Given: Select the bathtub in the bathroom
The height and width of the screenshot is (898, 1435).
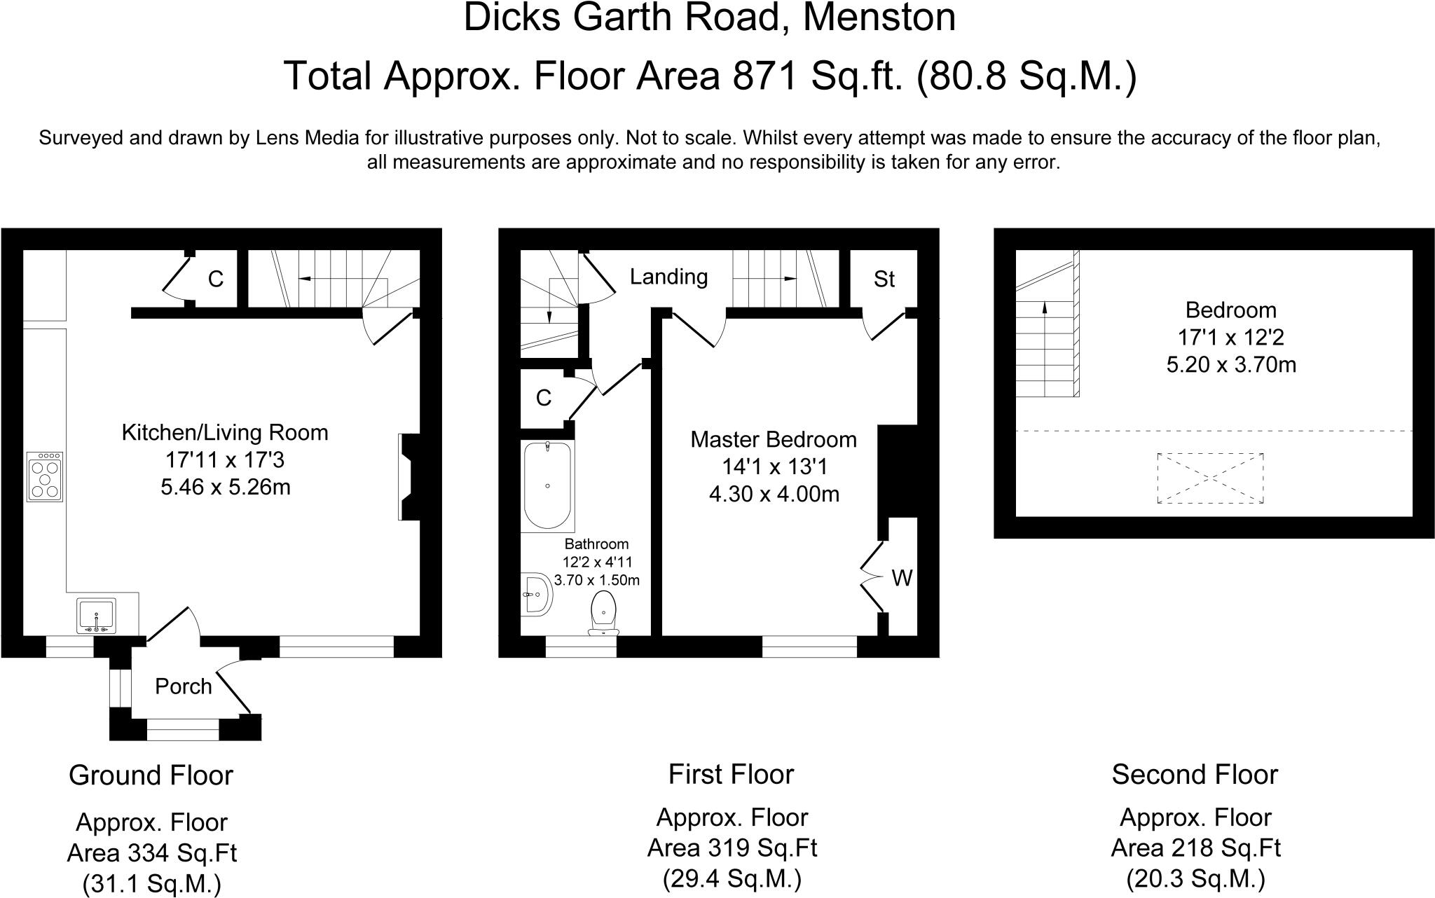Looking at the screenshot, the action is pyautogui.click(x=547, y=485).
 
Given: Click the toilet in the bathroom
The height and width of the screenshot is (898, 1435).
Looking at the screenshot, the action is pyautogui.click(x=603, y=614).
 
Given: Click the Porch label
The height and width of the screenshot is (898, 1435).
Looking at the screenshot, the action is pyautogui.click(x=183, y=686).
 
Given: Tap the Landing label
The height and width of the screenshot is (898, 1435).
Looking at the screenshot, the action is pyautogui.click(x=668, y=277).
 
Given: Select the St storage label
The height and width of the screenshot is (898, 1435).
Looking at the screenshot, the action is pyautogui.click(x=884, y=279).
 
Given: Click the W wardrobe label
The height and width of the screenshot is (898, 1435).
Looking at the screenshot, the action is pyautogui.click(x=902, y=579).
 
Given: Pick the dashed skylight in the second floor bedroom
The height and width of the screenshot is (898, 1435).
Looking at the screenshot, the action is pyautogui.click(x=1210, y=478).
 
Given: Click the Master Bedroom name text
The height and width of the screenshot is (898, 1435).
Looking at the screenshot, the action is pyautogui.click(x=774, y=440).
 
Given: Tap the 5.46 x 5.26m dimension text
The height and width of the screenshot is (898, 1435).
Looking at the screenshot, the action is pyautogui.click(x=226, y=487).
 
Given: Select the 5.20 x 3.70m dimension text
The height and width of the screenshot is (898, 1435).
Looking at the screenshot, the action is pyautogui.click(x=1231, y=365).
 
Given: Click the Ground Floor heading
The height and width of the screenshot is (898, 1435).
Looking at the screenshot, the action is pyautogui.click(x=151, y=775).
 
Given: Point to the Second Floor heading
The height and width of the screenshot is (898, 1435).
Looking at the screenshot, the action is pyautogui.click(x=1195, y=775).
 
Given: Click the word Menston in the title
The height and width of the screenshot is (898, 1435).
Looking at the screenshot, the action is pyautogui.click(x=879, y=18).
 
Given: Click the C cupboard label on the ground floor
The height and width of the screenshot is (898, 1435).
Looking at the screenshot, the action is pyautogui.click(x=216, y=279).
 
